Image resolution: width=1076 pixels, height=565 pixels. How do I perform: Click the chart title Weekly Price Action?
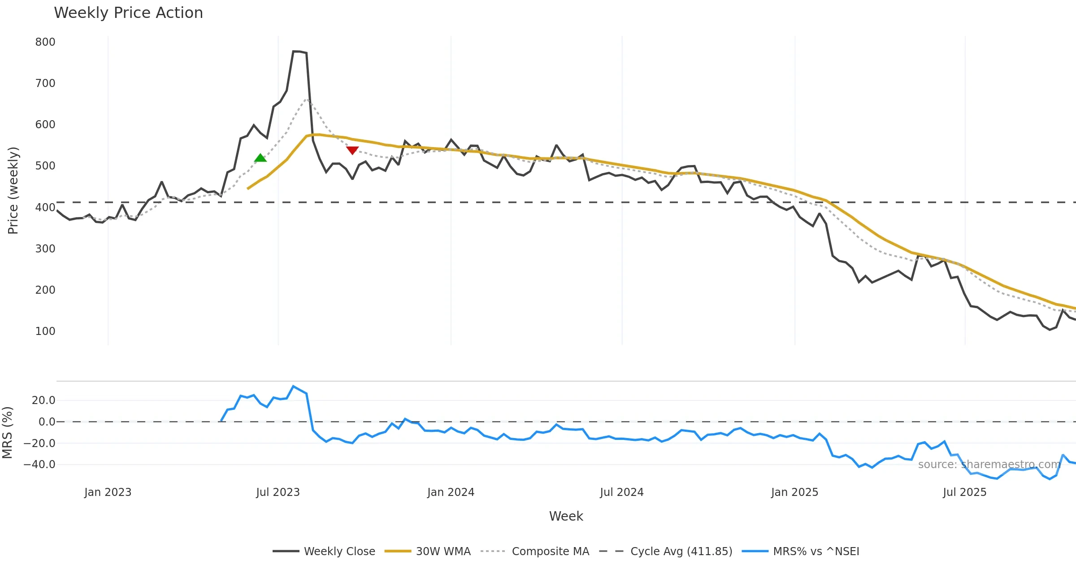128,13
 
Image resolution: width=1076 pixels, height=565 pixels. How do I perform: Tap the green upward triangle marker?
260,158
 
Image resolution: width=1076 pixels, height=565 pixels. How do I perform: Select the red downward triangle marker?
352,150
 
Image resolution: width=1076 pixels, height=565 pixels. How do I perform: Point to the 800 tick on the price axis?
45,42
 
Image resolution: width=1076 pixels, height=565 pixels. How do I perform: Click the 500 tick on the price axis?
45,166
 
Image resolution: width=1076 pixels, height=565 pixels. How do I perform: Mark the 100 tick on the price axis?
45,331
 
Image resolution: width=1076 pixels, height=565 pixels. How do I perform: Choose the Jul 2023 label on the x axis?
278,492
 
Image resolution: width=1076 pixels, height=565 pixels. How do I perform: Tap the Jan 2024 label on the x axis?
451,492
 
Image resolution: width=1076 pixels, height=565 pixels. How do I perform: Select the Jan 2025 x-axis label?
794,492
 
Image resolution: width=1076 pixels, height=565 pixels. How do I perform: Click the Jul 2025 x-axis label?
965,492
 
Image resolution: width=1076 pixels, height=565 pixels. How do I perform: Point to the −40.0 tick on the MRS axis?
39,465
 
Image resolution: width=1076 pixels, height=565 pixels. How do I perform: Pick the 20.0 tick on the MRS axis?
43,400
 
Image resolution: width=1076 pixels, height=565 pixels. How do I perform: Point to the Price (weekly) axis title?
13,191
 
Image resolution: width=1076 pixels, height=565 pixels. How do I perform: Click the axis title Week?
566,517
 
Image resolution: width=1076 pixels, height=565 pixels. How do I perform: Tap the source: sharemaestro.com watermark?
989,465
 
